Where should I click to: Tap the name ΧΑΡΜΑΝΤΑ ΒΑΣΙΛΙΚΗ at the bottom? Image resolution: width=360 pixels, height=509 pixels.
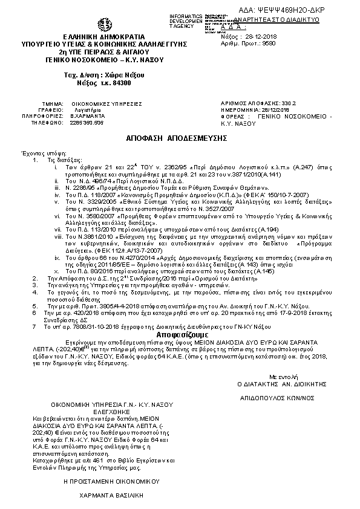point(109,494)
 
